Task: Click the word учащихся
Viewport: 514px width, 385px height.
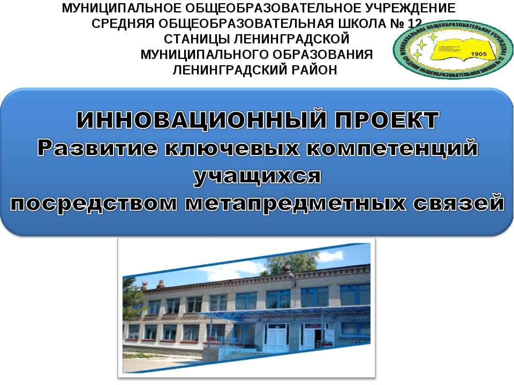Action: [257, 176]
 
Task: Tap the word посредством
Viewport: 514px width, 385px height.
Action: [96, 204]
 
